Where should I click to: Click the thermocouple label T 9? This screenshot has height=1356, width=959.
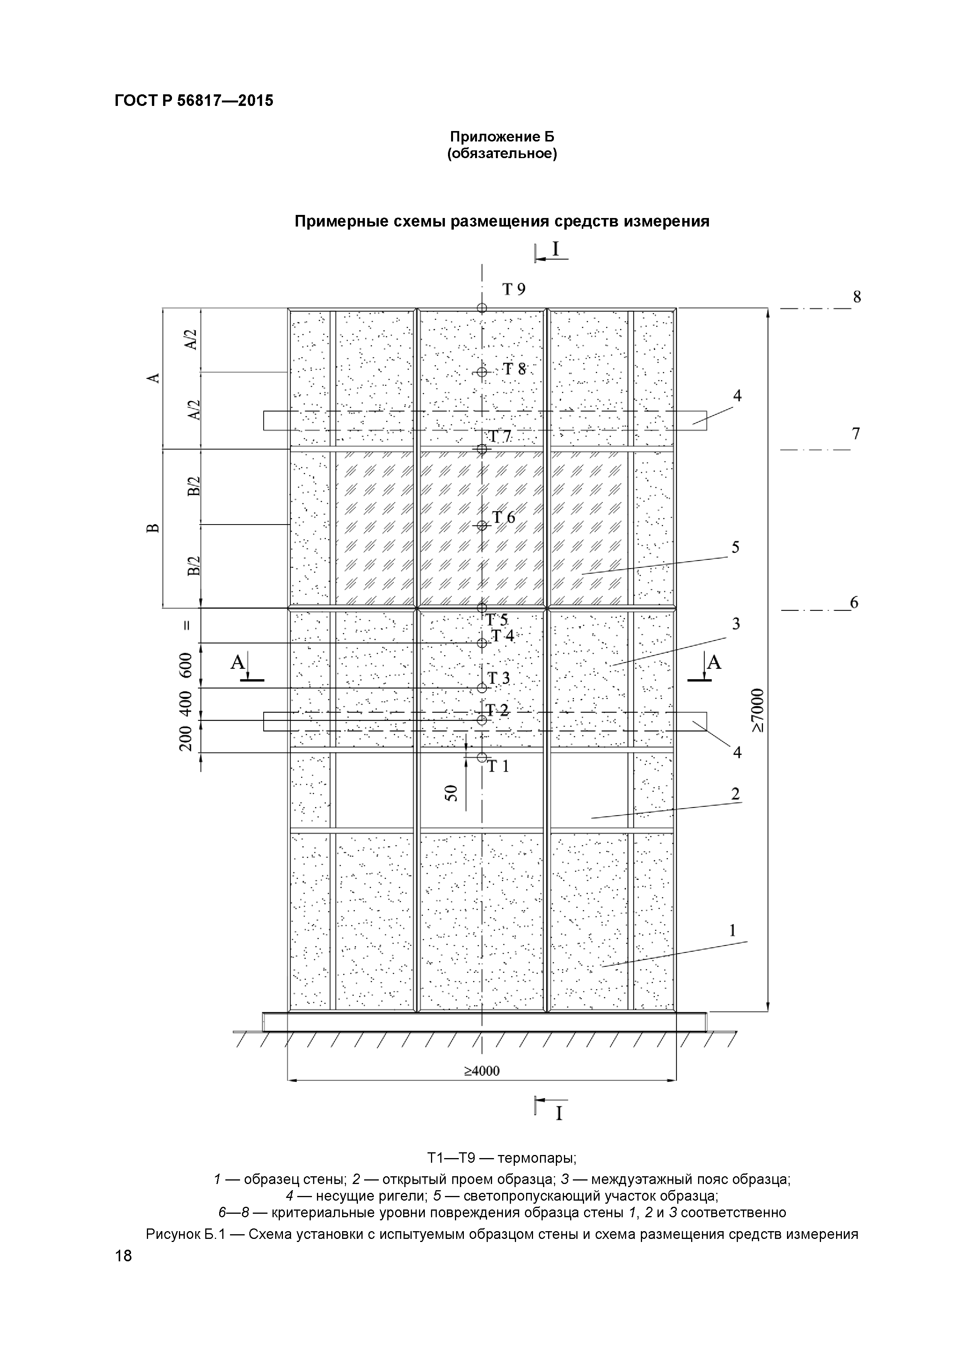514,290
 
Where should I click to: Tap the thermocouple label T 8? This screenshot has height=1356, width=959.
514,370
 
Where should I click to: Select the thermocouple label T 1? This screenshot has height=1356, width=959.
498,767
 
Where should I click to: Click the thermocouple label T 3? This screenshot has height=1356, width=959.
498,679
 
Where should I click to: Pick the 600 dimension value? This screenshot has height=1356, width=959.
186,665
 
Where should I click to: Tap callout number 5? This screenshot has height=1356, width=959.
735,547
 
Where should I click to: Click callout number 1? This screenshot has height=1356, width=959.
733,931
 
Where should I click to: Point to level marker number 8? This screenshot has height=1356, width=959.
857,297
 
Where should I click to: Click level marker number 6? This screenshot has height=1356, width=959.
854,603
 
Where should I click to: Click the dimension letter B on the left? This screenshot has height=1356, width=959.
153,528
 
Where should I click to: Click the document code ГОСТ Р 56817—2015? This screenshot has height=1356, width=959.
194,101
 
